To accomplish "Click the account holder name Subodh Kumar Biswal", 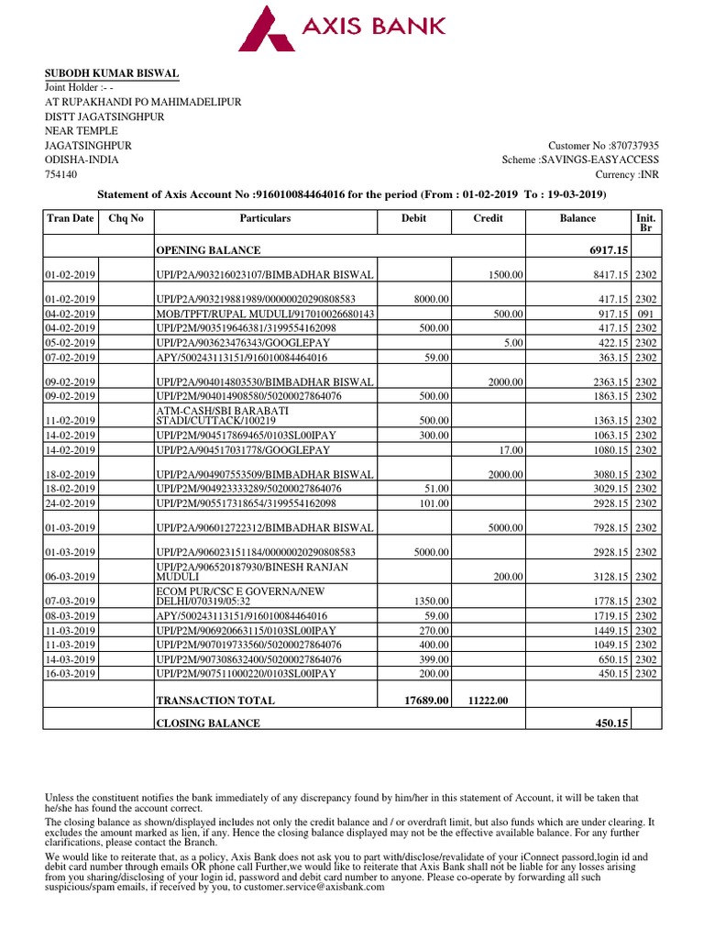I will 113,73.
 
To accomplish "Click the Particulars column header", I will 265,219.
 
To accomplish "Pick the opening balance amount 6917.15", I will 608,250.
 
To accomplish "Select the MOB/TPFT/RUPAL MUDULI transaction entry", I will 267,314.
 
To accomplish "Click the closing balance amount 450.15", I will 610,724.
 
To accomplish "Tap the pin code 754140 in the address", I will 62,174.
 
